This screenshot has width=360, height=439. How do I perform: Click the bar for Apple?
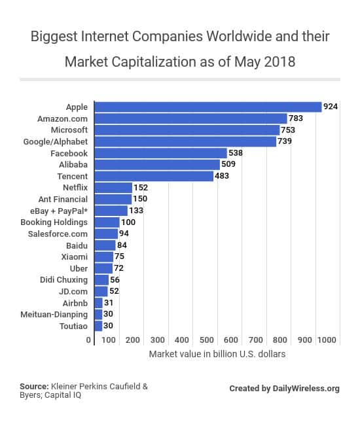(208, 107)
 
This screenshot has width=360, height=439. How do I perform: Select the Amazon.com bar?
(191, 118)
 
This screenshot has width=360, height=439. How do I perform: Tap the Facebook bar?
(161, 152)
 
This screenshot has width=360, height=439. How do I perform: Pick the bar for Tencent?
(154, 175)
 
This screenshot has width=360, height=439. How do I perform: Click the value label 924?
(331, 107)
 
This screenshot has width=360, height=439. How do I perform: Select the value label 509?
(228, 164)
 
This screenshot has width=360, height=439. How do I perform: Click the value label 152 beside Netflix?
(141, 187)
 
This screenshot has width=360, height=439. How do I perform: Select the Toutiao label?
(71, 325)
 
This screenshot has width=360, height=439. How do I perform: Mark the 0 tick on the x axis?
(88, 340)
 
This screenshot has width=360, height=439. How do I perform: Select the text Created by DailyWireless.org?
(284, 389)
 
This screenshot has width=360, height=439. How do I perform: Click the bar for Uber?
(103, 268)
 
